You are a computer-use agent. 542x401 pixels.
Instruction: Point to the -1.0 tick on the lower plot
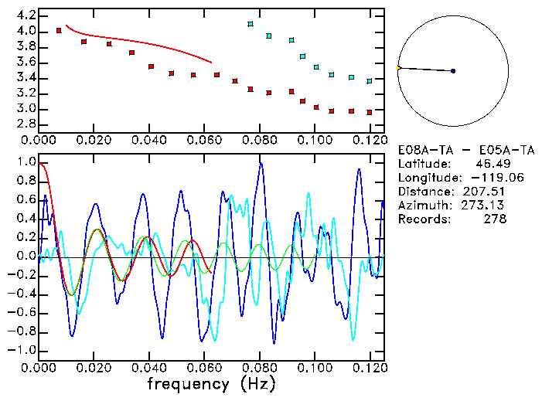coord(22,350)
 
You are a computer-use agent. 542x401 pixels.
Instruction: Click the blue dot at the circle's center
coord(453,71)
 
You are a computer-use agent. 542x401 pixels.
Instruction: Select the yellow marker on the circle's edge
coord(398,68)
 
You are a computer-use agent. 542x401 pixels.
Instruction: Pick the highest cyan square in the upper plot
coord(251,24)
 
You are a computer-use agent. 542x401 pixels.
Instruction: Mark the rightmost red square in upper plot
coord(370,112)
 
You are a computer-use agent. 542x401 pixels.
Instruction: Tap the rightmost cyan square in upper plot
coord(370,80)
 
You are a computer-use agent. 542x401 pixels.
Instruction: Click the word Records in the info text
coord(422,219)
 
